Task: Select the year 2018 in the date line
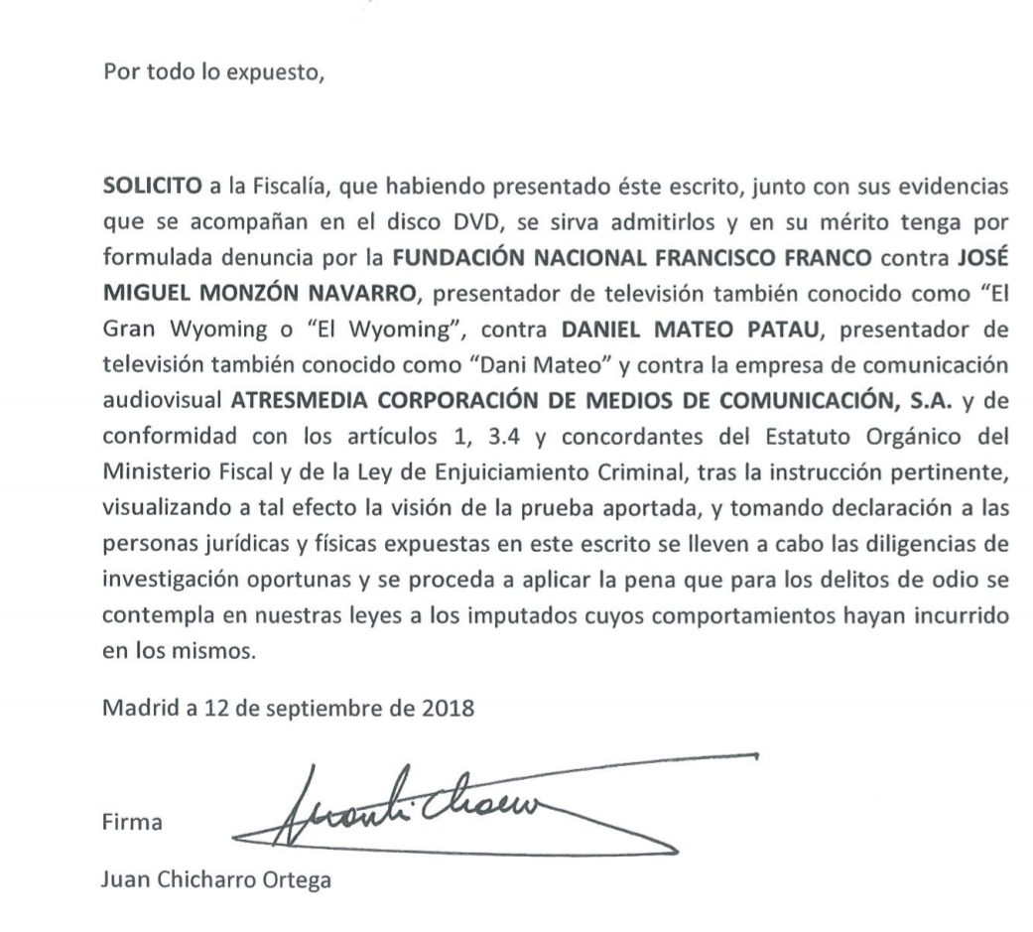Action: tap(448, 709)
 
